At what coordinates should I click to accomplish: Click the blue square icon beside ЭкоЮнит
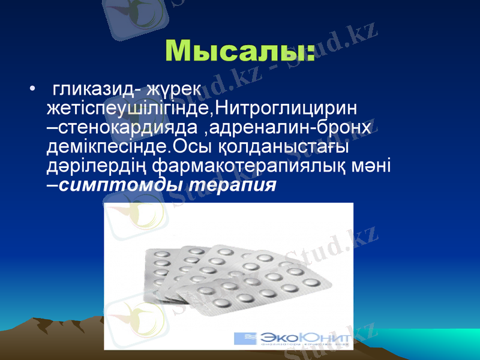click(x=245, y=338)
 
